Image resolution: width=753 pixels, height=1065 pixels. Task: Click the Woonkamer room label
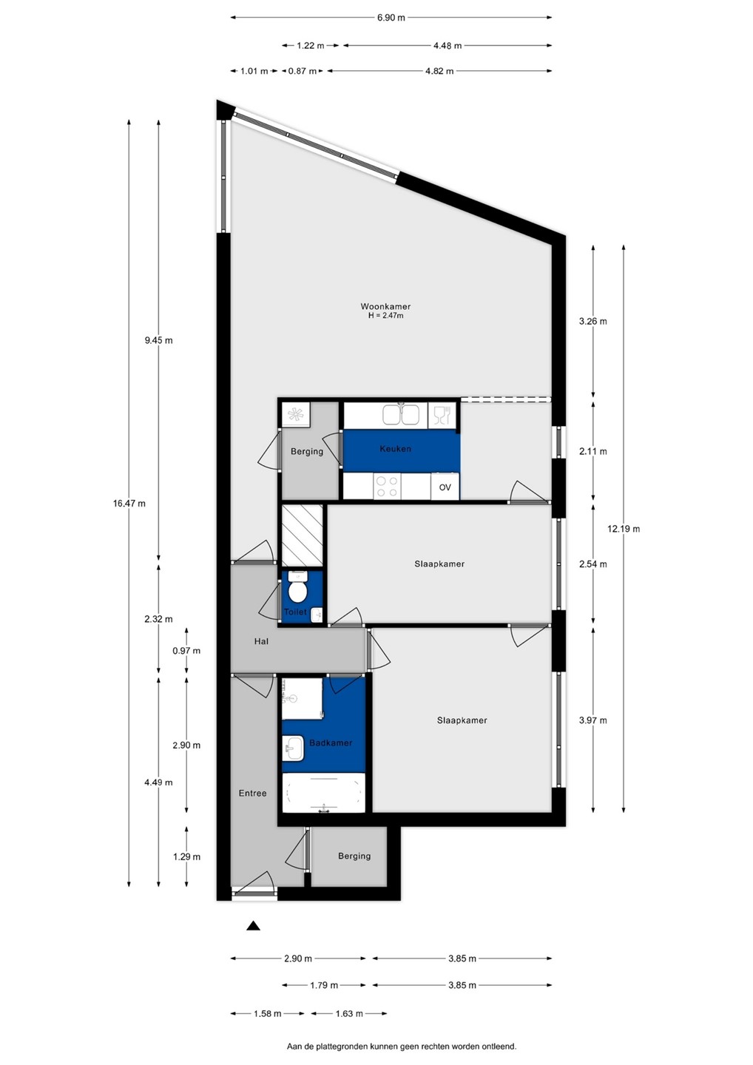click(385, 307)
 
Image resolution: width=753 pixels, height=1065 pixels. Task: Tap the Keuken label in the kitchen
click(395, 448)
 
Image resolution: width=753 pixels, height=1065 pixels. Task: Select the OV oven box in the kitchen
click(445, 487)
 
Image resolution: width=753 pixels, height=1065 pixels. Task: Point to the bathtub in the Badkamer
click(324, 793)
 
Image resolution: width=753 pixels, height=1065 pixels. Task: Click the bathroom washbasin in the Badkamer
click(293, 748)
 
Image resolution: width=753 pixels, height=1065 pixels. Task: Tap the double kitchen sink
click(401, 413)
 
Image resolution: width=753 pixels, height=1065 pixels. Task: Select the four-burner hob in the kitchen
click(387, 487)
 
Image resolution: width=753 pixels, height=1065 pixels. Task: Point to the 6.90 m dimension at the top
click(391, 18)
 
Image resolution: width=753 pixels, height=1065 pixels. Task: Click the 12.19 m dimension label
click(624, 528)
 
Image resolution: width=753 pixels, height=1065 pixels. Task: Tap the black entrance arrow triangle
click(253, 925)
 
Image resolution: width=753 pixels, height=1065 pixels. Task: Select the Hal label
click(261, 641)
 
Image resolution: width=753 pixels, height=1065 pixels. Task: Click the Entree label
click(252, 793)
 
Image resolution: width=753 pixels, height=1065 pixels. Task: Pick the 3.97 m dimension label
click(592, 720)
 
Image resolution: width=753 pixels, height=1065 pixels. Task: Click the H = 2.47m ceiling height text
click(385, 316)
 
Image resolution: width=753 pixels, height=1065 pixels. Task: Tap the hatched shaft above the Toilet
click(303, 535)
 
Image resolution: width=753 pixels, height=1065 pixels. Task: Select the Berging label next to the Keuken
click(307, 451)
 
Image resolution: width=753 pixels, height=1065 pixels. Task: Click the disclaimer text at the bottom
click(401, 1047)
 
